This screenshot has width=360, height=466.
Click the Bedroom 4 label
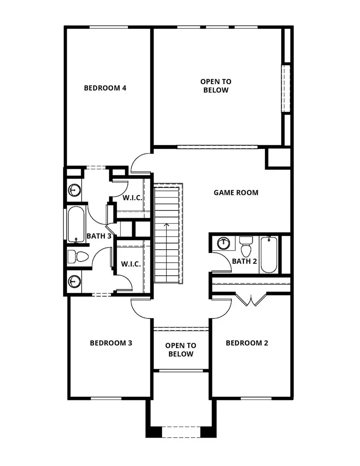(105, 88)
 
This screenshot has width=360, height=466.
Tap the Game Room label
(236, 192)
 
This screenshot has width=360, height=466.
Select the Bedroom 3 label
(111, 343)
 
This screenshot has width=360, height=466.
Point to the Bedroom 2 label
(247, 343)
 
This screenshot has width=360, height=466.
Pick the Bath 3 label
(99, 236)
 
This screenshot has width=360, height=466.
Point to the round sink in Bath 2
(223, 243)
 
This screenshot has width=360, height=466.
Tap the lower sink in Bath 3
(74, 280)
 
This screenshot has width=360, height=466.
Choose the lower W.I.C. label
(131, 264)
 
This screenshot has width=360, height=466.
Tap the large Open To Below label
(216, 86)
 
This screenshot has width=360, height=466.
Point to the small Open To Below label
(181, 350)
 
